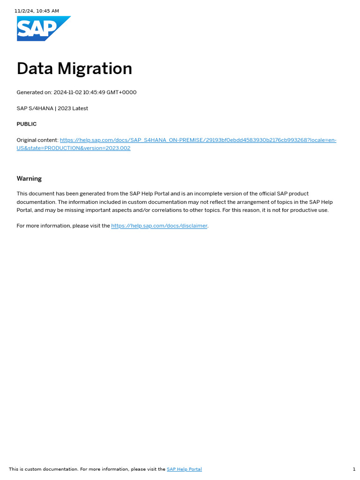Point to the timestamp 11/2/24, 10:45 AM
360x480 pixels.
[37, 11]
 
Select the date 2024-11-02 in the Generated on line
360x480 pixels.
[67, 92]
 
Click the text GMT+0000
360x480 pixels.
[121, 92]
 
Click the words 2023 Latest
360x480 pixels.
[73, 108]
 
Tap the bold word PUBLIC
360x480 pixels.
[27, 124]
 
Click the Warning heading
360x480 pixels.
[29, 179]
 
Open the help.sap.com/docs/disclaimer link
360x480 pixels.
[159, 226]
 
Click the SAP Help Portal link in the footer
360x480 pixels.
[184, 469]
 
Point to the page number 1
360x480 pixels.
[354, 469]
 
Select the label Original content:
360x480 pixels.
[37, 140]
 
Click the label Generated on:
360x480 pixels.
[34, 92]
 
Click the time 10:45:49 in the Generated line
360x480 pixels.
[94, 92]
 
